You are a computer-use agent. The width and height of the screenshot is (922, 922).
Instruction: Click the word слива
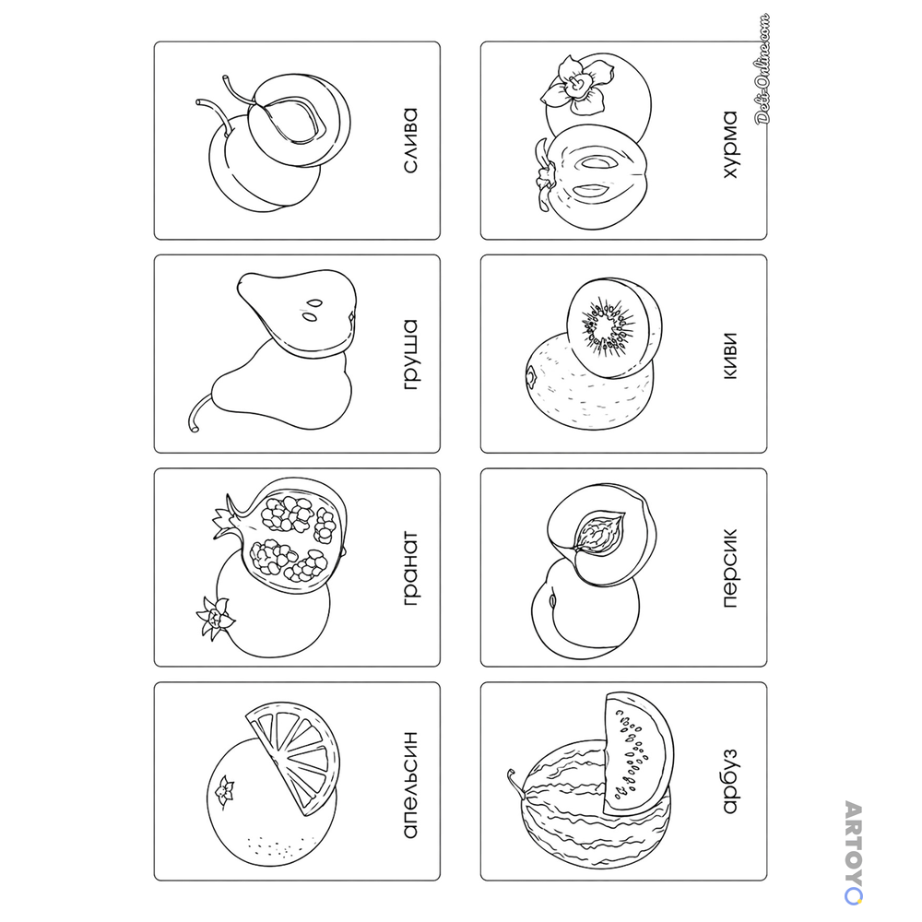click(x=410, y=140)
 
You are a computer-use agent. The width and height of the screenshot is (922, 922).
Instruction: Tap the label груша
click(x=411, y=355)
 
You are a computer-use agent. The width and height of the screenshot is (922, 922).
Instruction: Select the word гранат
click(x=411, y=568)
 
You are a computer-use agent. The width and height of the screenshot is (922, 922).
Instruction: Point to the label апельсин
click(x=410, y=785)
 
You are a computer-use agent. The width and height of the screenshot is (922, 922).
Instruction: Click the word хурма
click(x=729, y=144)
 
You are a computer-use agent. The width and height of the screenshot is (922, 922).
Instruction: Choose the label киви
click(x=729, y=356)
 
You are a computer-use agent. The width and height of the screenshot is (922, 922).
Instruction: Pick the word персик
click(x=729, y=568)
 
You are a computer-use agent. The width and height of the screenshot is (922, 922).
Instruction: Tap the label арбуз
click(x=729, y=781)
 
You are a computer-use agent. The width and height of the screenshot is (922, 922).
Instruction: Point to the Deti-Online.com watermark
click(x=762, y=68)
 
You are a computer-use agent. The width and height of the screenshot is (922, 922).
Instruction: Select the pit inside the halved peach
click(x=598, y=533)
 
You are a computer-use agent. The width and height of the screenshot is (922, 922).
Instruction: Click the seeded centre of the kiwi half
click(x=608, y=326)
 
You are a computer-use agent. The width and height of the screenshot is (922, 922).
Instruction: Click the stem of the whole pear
click(x=198, y=411)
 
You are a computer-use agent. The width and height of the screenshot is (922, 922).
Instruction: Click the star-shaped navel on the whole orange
click(x=224, y=790)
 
